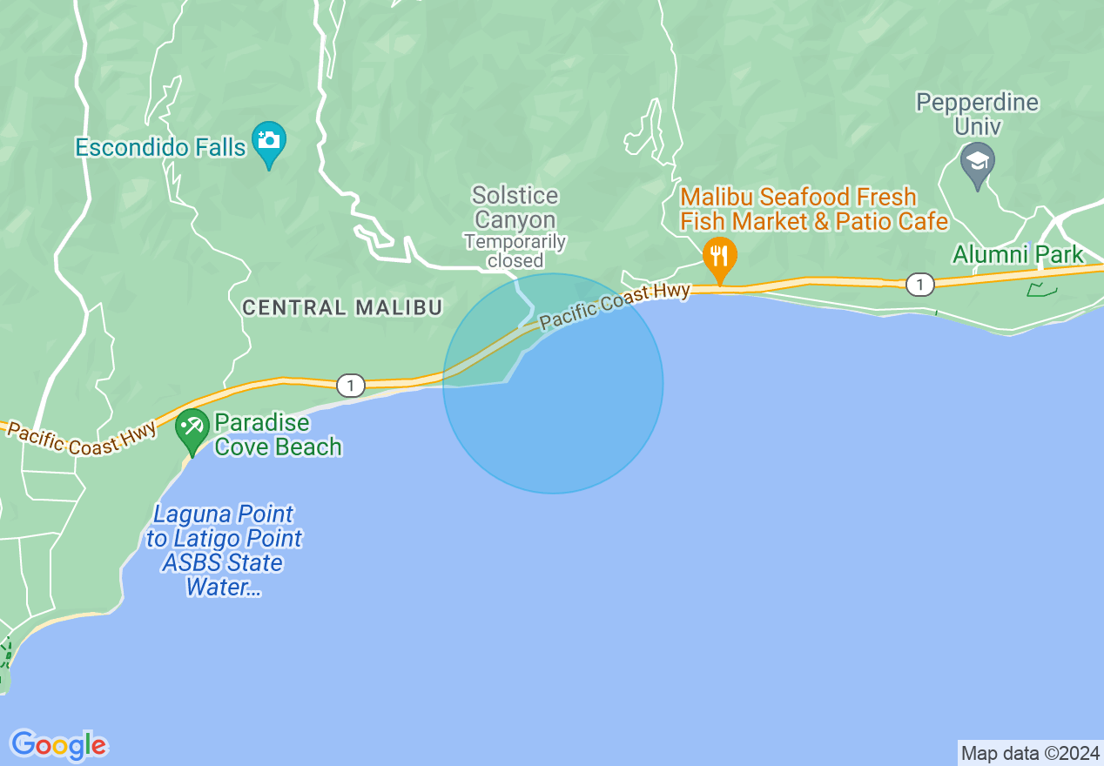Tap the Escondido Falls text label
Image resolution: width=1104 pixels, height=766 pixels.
click(x=160, y=147)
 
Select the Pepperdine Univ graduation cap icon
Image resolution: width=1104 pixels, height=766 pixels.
click(x=977, y=163)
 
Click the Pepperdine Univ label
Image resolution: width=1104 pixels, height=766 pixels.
click(x=977, y=114)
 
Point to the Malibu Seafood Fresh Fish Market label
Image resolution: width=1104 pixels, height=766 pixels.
click(x=813, y=209)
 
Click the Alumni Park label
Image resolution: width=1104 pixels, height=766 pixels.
click(x=1017, y=255)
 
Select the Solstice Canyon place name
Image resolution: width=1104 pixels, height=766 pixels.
click(x=515, y=207)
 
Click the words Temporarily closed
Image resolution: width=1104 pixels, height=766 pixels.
click(x=515, y=251)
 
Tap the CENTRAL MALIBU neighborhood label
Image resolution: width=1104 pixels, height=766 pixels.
click(x=342, y=307)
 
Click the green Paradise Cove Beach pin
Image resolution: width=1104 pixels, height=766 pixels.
click(x=191, y=429)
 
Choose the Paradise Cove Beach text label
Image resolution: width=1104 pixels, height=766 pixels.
click(x=277, y=434)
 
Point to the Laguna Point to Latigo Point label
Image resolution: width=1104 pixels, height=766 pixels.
click(x=225, y=550)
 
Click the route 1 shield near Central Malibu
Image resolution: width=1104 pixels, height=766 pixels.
click(x=350, y=386)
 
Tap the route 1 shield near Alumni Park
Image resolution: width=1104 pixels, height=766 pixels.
click(x=919, y=285)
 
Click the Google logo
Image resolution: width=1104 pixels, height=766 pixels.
click(x=58, y=745)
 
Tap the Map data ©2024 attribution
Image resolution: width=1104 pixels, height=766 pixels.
click(x=1030, y=752)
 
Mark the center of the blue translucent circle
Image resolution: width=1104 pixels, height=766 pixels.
click(x=553, y=384)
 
